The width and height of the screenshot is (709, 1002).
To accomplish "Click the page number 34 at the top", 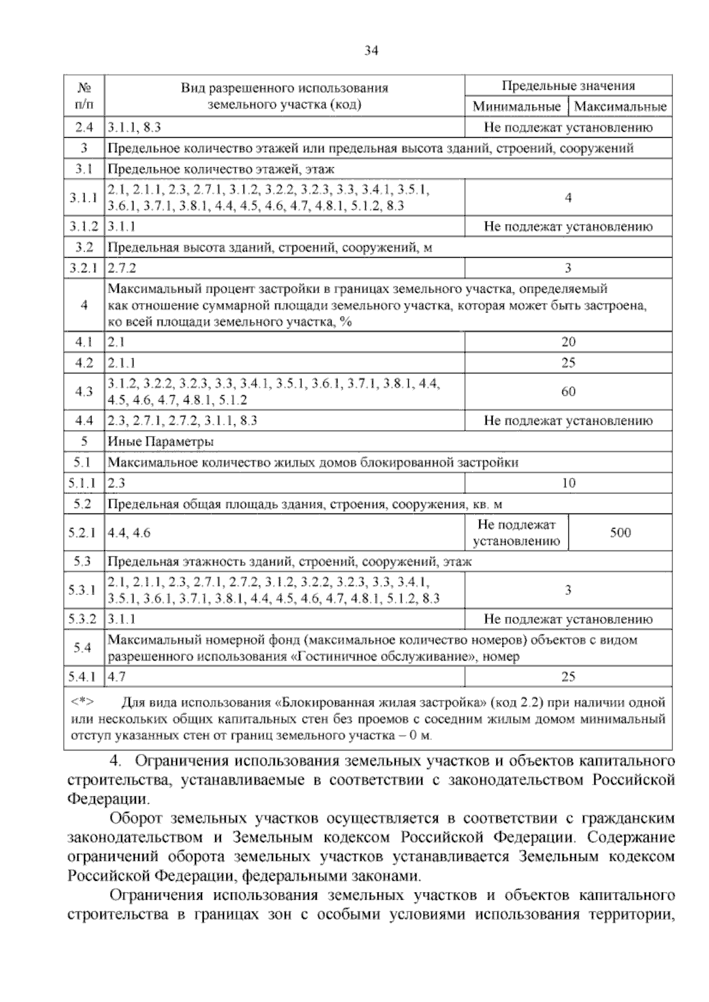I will pos(370,51).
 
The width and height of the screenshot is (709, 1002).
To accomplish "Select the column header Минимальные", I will pos(516,107).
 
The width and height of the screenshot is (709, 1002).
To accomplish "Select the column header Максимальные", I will pos(620,107).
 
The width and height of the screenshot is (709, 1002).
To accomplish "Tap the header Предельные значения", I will pos(568,86).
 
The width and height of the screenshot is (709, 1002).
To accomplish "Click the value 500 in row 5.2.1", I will pos(620,533).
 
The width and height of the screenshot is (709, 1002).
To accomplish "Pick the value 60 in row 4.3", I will pos(568,392).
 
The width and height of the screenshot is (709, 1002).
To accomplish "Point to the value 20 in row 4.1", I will pos(568,342).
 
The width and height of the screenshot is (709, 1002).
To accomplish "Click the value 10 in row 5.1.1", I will pos(568,483).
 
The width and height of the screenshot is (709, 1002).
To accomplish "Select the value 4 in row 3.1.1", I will pos(568,198).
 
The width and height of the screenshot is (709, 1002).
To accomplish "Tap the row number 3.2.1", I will pos(84,268).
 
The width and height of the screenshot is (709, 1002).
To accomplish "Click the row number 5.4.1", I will pos(84,677).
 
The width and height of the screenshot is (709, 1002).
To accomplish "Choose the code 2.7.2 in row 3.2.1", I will pos(122,268).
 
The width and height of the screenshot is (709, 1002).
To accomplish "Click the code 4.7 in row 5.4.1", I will pos(116,677).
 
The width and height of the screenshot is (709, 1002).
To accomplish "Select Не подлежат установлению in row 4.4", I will pos(568,421).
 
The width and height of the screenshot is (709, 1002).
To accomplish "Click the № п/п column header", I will pos(84,96).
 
